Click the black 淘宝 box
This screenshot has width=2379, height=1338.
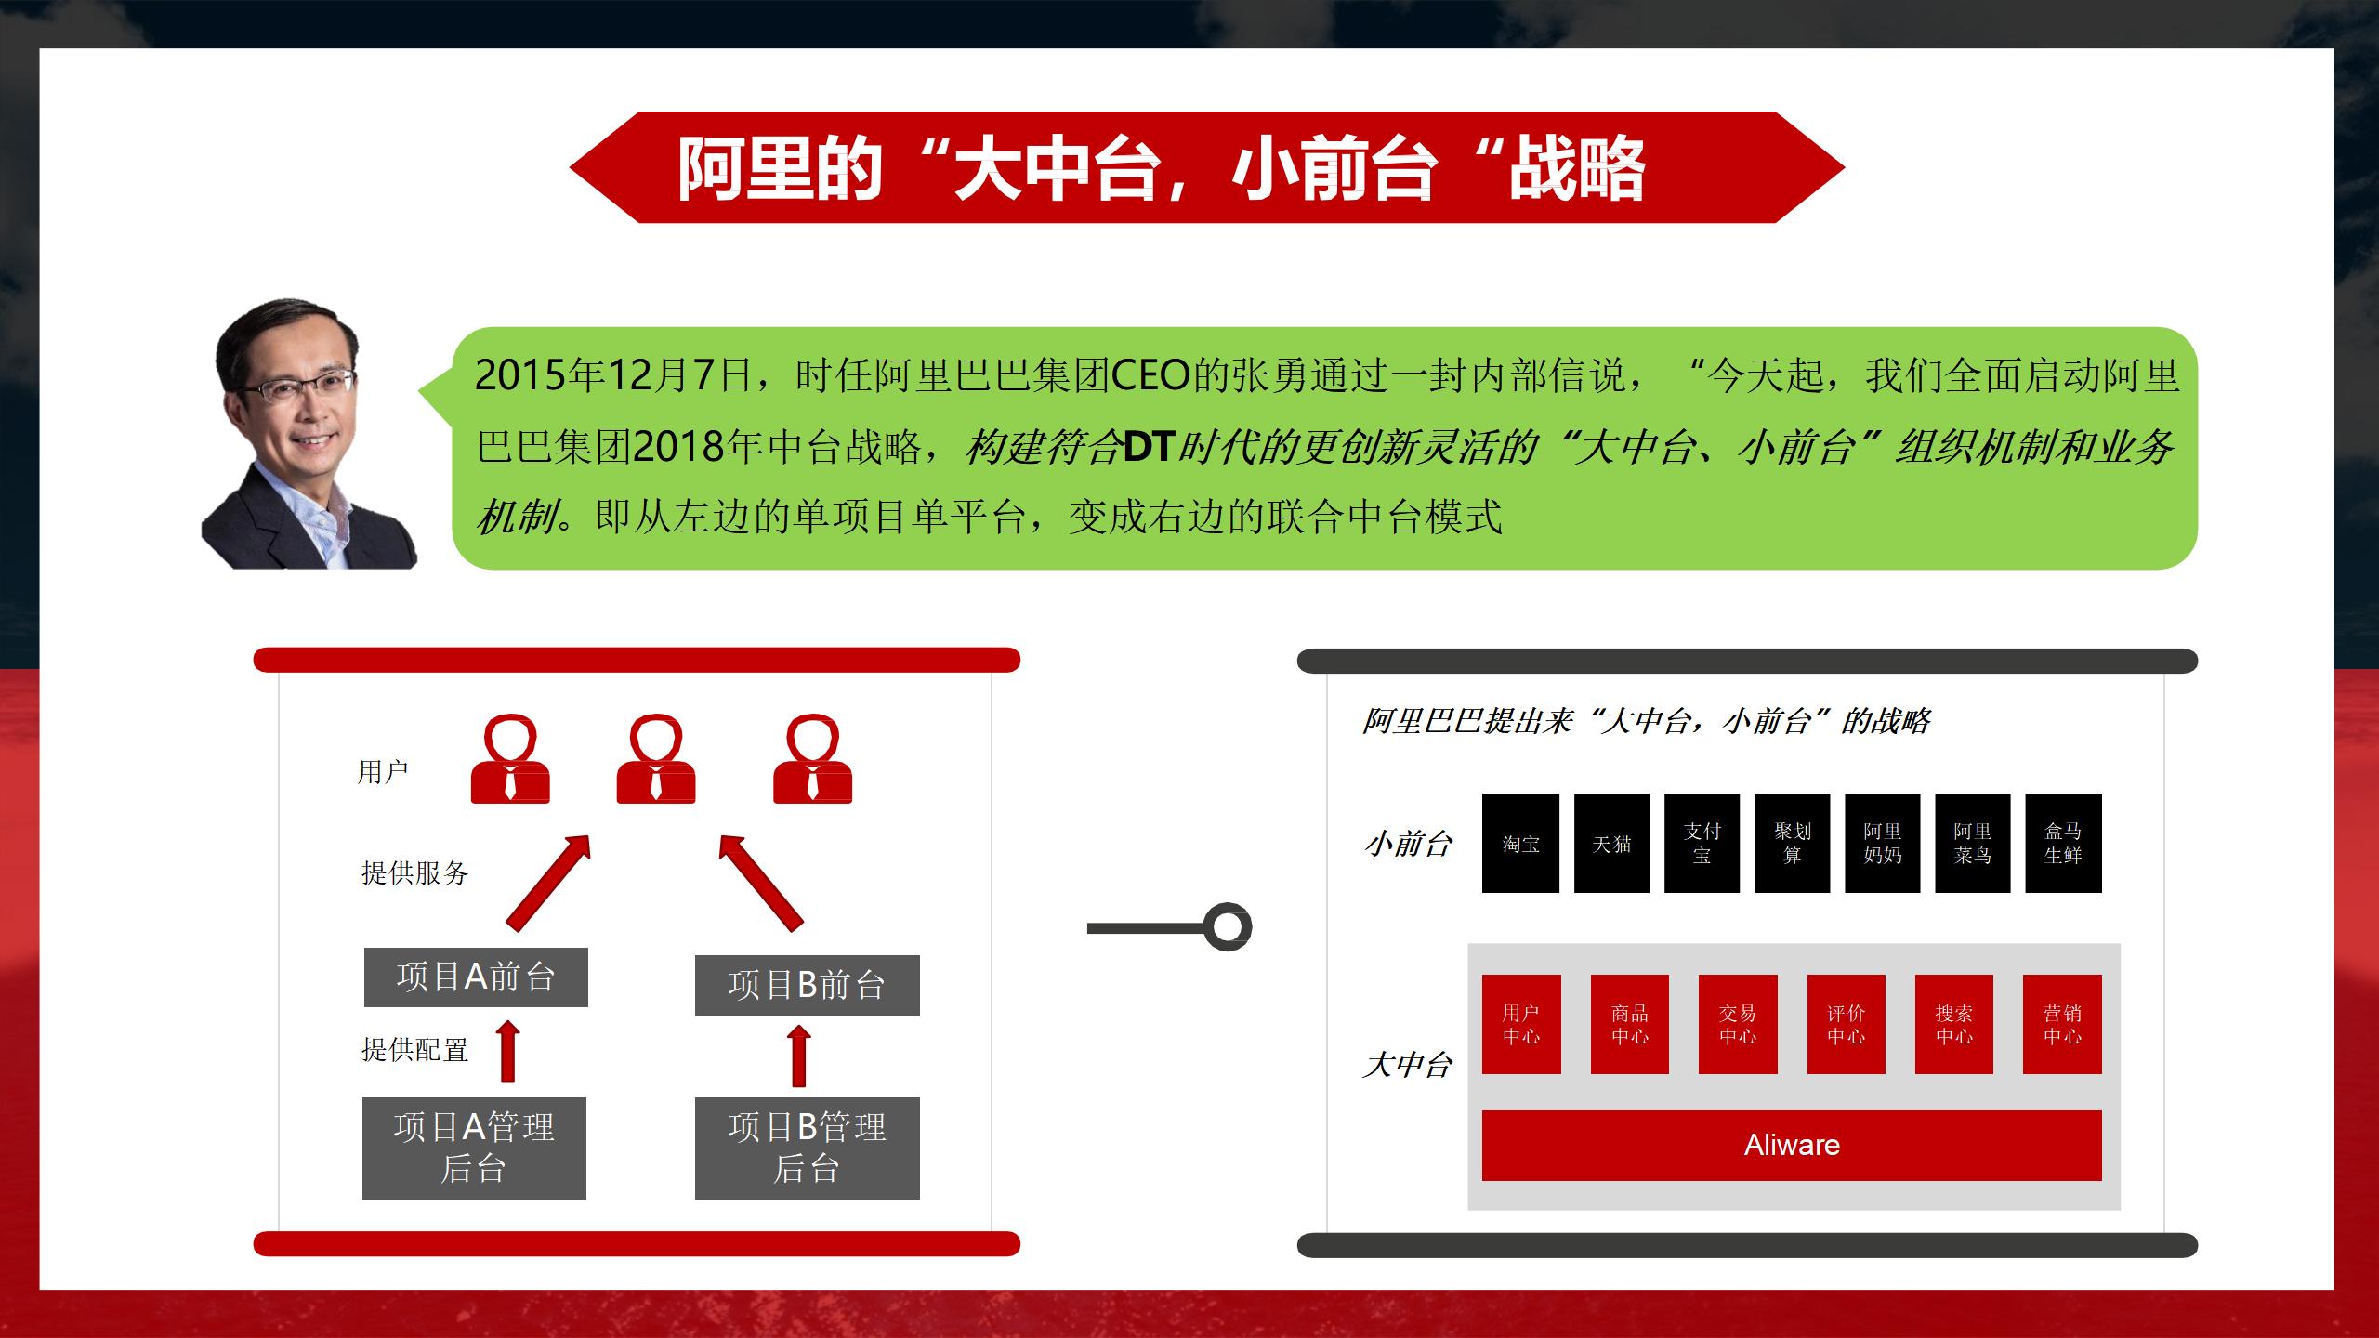[1520, 843]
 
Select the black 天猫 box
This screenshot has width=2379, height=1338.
[1611, 843]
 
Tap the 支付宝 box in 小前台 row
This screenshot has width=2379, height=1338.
[1702, 843]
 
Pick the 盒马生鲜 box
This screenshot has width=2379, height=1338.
[2063, 843]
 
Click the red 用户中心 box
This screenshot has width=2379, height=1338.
[1521, 1024]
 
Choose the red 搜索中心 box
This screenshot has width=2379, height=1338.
[1953, 1024]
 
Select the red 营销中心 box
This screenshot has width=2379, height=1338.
[2062, 1024]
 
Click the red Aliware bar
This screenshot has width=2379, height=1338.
[1791, 1145]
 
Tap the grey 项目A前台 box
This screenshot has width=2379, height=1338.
[476, 977]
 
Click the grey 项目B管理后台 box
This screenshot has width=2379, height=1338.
[807, 1148]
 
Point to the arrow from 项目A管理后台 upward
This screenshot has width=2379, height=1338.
[508, 1052]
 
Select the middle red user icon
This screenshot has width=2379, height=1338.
[656, 760]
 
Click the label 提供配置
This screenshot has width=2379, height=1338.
[414, 1050]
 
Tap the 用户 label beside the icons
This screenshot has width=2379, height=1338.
[383, 771]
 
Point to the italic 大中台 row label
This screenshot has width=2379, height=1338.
[1407, 1065]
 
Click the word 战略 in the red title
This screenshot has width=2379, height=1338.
[1576, 169]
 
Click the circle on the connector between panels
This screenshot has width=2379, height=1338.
[1228, 926]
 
